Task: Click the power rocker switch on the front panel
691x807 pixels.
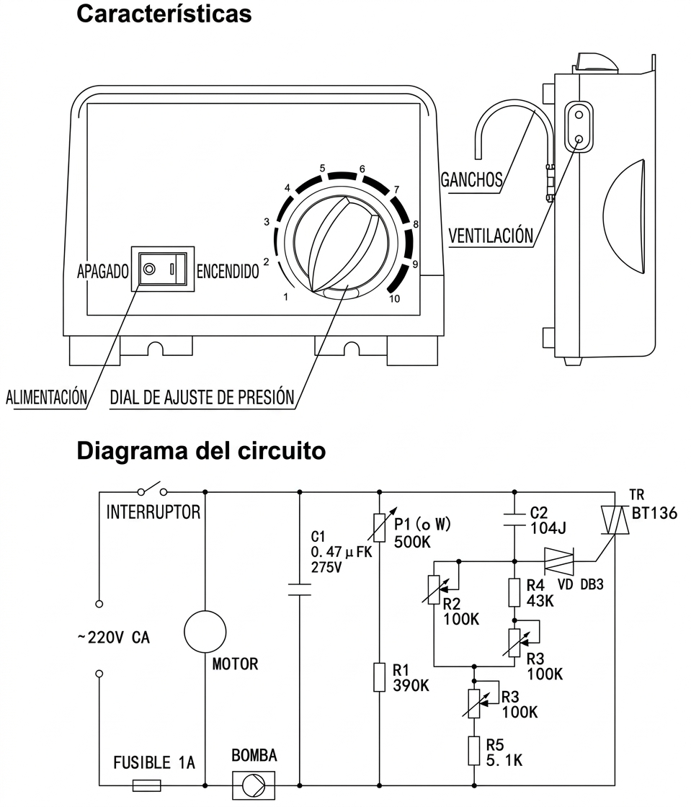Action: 163,269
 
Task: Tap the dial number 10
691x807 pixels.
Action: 395,299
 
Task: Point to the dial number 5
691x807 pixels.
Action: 323,169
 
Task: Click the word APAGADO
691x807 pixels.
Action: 103,271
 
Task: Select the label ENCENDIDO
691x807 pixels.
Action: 228,271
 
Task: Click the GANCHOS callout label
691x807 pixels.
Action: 471,179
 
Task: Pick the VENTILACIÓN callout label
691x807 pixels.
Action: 491,235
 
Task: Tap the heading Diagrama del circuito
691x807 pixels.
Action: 201,451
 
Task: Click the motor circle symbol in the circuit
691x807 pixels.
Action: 205,632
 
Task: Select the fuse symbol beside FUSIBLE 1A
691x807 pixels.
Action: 147,785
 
